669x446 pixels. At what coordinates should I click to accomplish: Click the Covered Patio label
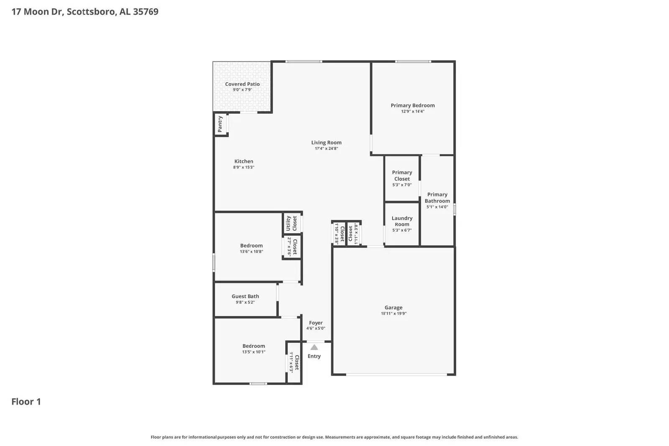tap(242, 84)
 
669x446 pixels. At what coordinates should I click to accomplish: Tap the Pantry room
tap(220, 124)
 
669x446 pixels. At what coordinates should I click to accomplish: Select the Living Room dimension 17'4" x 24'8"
tap(326, 148)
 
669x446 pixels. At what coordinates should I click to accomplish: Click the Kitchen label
tap(243, 161)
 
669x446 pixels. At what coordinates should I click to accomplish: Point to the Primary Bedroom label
tap(412, 105)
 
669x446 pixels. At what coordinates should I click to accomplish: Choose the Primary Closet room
tap(402, 178)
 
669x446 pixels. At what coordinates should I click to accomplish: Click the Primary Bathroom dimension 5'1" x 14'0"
tap(437, 207)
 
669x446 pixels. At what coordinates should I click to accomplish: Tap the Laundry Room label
tap(402, 221)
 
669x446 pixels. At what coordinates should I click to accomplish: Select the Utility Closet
tap(291, 224)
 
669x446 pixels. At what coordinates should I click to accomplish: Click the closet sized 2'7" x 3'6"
tap(292, 247)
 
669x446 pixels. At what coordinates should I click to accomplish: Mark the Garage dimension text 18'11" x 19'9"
tap(393, 313)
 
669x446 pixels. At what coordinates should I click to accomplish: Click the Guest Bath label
tap(245, 296)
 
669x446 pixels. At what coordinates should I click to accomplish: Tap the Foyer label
tap(316, 323)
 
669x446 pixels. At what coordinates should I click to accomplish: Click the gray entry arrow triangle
tap(314, 347)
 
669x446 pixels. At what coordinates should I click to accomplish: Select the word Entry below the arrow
tap(314, 356)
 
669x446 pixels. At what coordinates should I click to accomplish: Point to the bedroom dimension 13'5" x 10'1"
tap(253, 352)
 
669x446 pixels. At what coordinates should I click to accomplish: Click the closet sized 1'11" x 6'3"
tap(294, 362)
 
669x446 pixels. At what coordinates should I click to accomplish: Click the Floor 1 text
tap(26, 402)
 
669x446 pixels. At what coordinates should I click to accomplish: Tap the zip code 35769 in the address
tap(146, 12)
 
